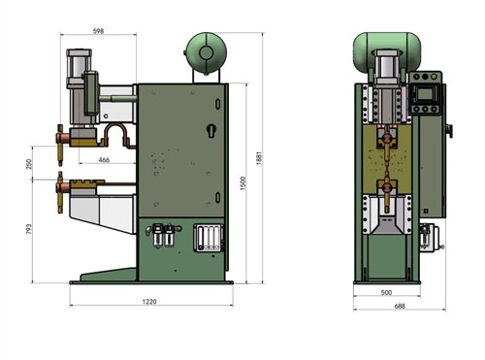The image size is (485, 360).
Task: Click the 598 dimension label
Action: tap(98, 31)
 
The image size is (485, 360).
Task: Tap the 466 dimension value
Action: tap(104, 160)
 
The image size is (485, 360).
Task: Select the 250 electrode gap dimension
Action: tap(29, 164)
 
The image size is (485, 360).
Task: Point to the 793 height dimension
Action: tap(29, 229)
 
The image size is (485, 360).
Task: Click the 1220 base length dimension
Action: tap(149, 302)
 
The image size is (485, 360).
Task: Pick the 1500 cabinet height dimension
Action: tap(243, 183)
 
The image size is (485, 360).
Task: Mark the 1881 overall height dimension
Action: tap(259, 158)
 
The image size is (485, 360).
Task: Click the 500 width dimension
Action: tap(386, 293)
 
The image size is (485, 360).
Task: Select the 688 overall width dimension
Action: tap(400, 306)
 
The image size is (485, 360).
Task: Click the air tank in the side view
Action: tap(206, 52)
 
